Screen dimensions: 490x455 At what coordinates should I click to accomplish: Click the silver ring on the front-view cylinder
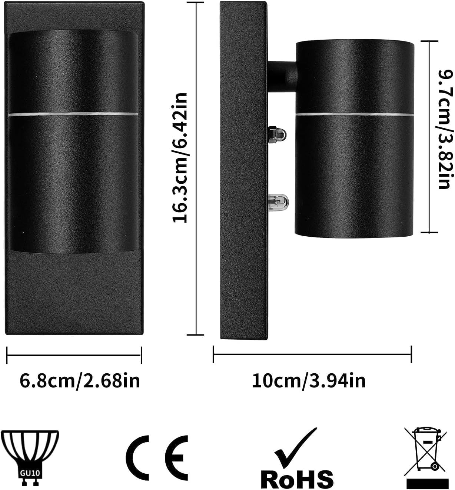74,113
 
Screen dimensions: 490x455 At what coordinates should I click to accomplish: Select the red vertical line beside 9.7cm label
429,137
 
